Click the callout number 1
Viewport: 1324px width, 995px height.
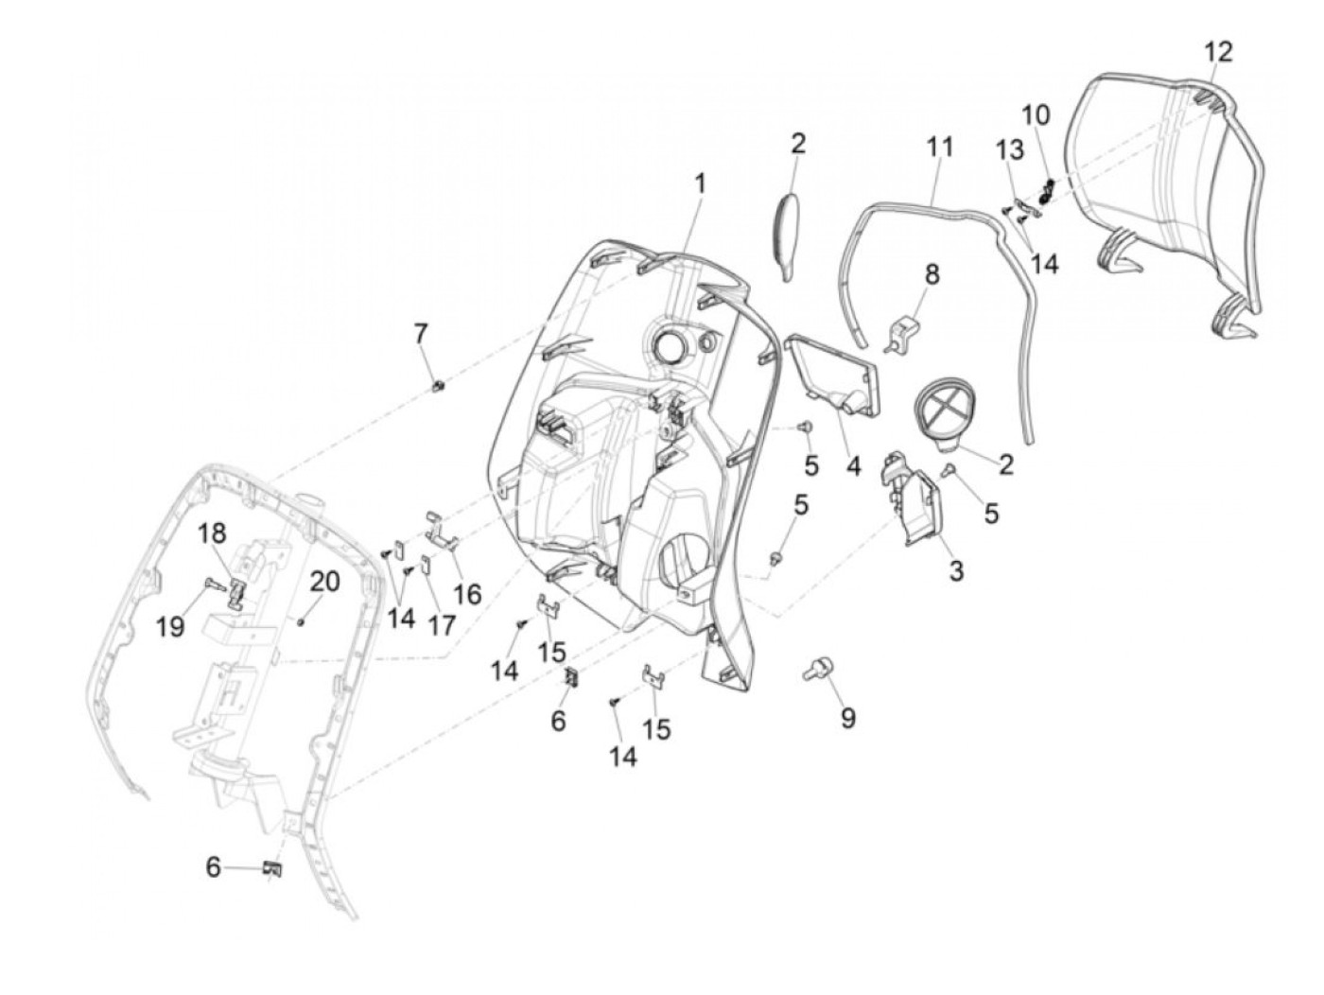pyautogui.click(x=700, y=183)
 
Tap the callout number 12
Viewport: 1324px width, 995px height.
pyautogui.click(x=1219, y=51)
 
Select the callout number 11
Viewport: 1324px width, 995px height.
pyautogui.click(x=939, y=148)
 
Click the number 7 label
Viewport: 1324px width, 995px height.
pyautogui.click(x=420, y=334)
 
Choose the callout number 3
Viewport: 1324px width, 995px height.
pyautogui.click(x=956, y=570)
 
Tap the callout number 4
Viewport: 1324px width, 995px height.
pyautogui.click(x=854, y=466)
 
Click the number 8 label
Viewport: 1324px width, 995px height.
pyautogui.click(x=932, y=274)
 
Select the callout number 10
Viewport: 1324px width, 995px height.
pyautogui.click(x=1036, y=115)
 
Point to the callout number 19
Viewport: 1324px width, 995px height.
pyautogui.click(x=170, y=625)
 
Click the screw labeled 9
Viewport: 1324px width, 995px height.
pyautogui.click(x=813, y=671)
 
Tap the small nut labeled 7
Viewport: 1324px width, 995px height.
pyautogui.click(x=439, y=385)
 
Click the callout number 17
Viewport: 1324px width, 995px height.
pyautogui.click(x=441, y=624)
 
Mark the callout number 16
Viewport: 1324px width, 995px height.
pyautogui.click(x=467, y=594)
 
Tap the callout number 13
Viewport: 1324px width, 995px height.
pyautogui.click(x=1009, y=149)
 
